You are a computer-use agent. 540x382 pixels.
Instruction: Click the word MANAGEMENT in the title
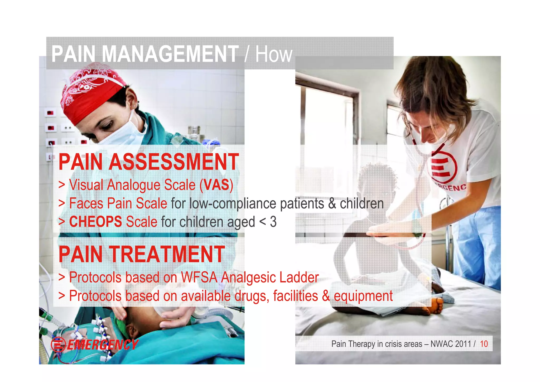click(x=170, y=54)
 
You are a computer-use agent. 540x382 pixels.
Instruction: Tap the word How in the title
click(x=274, y=54)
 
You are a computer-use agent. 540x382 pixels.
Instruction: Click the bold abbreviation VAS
click(x=216, y=185)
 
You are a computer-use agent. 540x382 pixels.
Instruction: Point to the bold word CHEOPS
click(x=95, y=221)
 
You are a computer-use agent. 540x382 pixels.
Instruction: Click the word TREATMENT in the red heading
click(x=167, y=254)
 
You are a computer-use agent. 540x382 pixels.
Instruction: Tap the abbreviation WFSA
click(x=199, y=277)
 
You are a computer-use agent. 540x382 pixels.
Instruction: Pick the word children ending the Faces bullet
click(x=361, y=204)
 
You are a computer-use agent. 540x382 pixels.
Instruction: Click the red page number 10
click(x=484, y=344)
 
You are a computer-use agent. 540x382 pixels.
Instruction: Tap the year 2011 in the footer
click(x=463, y=344)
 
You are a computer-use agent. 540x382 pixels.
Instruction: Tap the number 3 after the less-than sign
click(x=273, y=222)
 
